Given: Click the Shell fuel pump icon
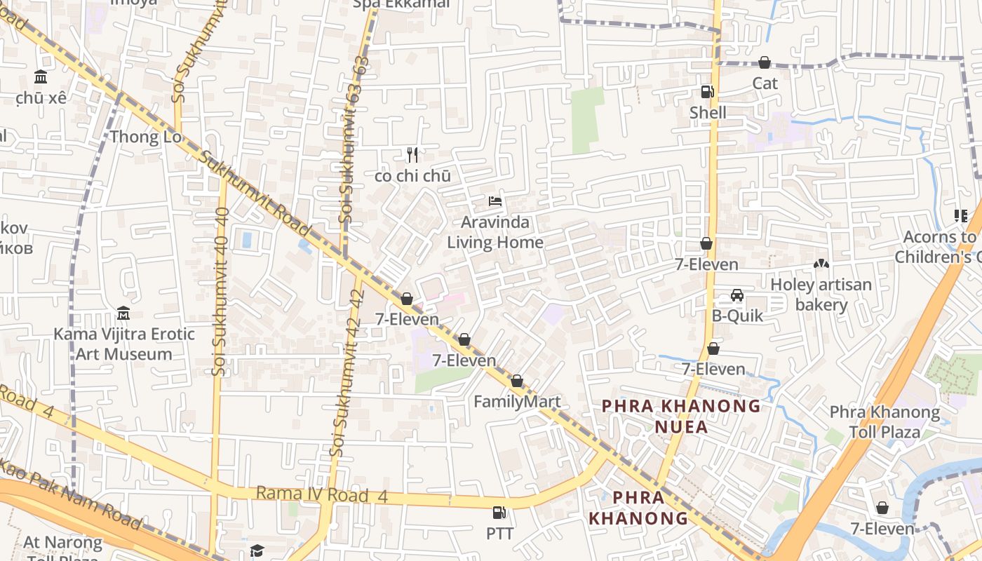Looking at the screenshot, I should (707, 92).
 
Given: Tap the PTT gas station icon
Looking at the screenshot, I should (499, 513).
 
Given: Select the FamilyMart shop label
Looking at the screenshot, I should (517, 402).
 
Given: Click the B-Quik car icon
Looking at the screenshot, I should (737, 295).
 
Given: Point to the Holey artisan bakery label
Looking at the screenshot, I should (821, 295).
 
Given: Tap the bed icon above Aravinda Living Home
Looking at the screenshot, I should (495, 201).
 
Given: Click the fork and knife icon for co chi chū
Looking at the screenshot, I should (412, 155).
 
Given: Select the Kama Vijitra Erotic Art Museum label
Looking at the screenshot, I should (124, 344).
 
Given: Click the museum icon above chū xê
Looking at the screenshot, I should (41, 77).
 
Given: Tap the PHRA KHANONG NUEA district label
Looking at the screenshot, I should (681, 416).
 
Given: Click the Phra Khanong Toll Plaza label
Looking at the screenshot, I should (885, 421).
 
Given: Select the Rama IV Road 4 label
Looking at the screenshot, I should (322, 494).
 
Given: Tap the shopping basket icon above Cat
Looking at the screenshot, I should (765, 63).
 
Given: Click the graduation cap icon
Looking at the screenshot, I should (257, 550).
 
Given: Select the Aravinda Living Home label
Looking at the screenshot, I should (495, 232).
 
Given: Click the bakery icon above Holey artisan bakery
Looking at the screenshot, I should (821, 264).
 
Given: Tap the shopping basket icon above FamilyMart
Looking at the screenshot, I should (517, 381).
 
